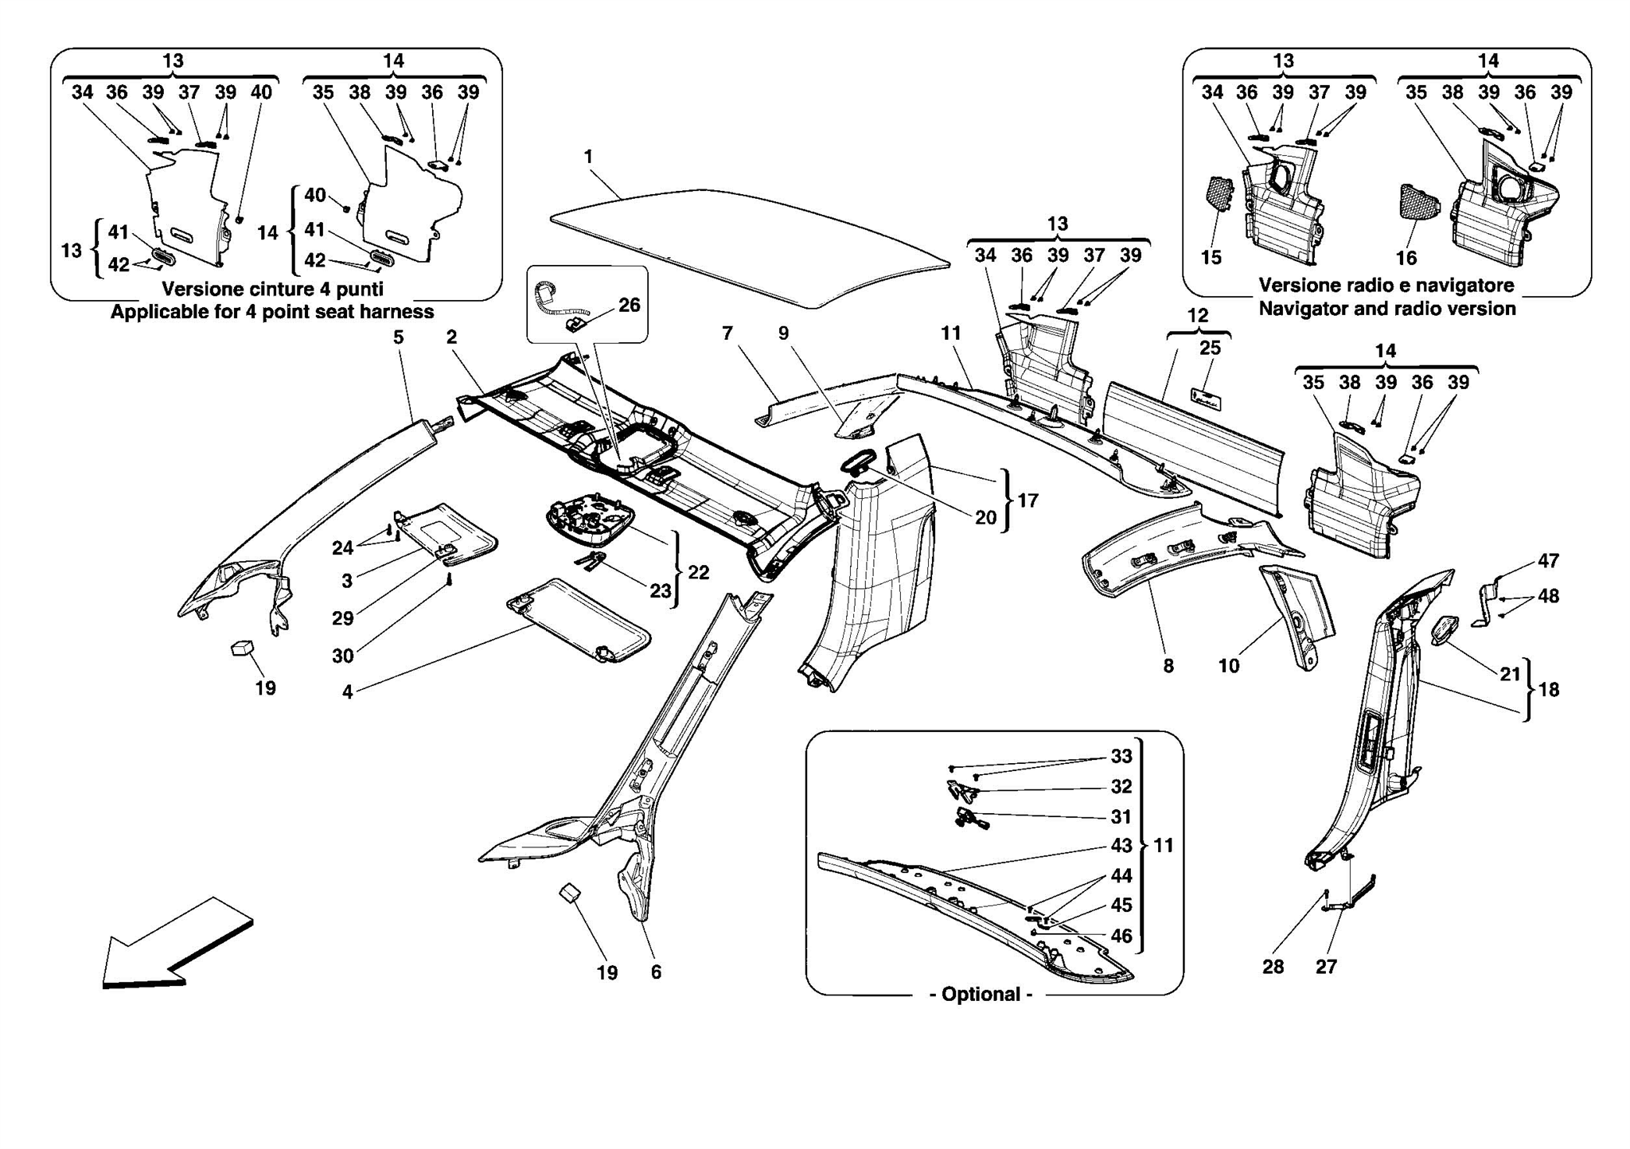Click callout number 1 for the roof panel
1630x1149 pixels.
point(588,157)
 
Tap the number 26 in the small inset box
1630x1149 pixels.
point(629,305)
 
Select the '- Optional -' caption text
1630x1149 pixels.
point(981,994)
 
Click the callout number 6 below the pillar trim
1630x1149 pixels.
point(656,972)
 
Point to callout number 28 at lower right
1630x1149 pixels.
point(1273,966)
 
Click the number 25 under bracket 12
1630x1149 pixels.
point(1210,348)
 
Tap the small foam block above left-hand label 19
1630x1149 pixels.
point(242,649)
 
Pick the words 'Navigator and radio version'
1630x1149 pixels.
point(1386,309)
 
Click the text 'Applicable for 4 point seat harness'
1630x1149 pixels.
point(272,312)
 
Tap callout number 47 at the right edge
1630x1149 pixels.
point(1547,561)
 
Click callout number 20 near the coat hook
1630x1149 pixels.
point(985,517)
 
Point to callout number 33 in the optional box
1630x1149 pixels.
point(1121,756)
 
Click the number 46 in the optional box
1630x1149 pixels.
point(1121,936)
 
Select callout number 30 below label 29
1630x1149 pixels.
point(342,656)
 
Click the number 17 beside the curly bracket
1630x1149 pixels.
point(1028,500)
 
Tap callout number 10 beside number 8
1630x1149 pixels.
point(1229,665)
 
